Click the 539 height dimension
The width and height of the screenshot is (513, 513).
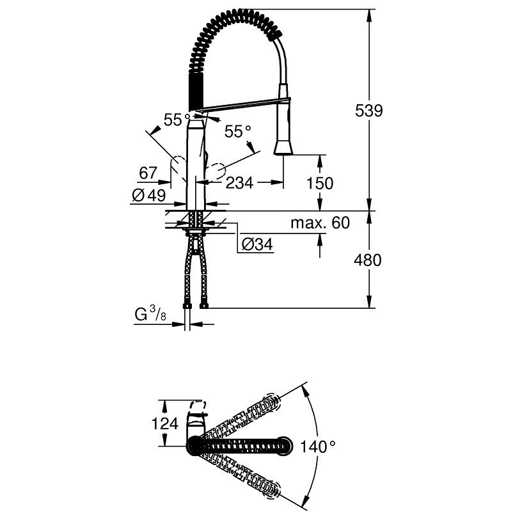click(368, 111)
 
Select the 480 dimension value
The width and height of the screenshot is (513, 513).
click(368, 260)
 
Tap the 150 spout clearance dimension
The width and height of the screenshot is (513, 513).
click(320, 183)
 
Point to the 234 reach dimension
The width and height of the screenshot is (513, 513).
click(239, 183)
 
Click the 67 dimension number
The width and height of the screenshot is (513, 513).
click(148, 173)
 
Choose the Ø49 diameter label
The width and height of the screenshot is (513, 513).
click(149, 196)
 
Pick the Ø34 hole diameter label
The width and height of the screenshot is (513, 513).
click(257, 244)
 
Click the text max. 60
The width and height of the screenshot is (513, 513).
click(320, 223)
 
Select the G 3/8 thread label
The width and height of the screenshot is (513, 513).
click(150, 314)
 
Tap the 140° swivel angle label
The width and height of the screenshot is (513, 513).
click(317, 446)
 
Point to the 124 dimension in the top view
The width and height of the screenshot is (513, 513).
click(165, 423)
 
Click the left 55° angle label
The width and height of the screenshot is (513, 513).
click(177, 120)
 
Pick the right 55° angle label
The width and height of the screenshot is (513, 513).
click(237, 132)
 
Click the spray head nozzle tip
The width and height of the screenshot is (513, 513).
click(283, 153)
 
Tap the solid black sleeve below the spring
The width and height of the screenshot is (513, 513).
click(196, 93)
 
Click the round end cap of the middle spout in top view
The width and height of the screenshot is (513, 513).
click(283, 446)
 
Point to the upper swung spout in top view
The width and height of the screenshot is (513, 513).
click(241, 416)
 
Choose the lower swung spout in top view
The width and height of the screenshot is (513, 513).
click(241, 475)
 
